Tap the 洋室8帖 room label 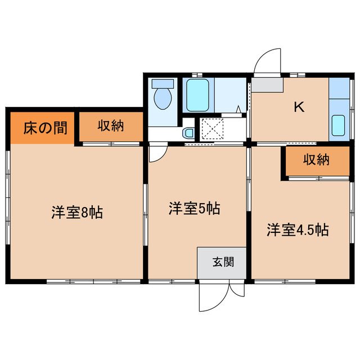coord(77,213)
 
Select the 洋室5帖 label coord(194,209)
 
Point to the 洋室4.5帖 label coord(298,230)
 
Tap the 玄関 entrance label coord(222,262)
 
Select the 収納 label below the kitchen coord(316,160)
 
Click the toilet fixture coord(163,96)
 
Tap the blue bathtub coord(198,96)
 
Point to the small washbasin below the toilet coord(188,133)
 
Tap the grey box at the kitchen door coord(267,84)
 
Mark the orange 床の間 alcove coord(40,127)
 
